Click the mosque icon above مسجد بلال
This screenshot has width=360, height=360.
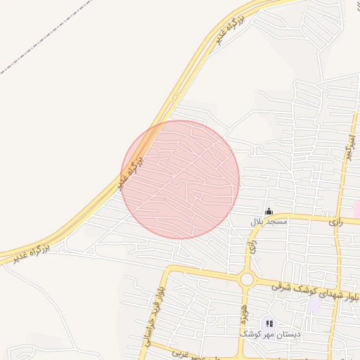[269, 211]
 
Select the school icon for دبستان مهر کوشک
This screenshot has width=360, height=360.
[269, 323]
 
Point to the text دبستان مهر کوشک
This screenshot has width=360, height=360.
[270, 335]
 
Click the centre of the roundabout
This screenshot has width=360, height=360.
[247, 279]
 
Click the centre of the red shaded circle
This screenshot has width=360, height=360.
[181, 179]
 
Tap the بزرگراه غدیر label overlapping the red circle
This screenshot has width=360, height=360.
[131, 174]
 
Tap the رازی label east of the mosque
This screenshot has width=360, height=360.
[335, 220]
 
